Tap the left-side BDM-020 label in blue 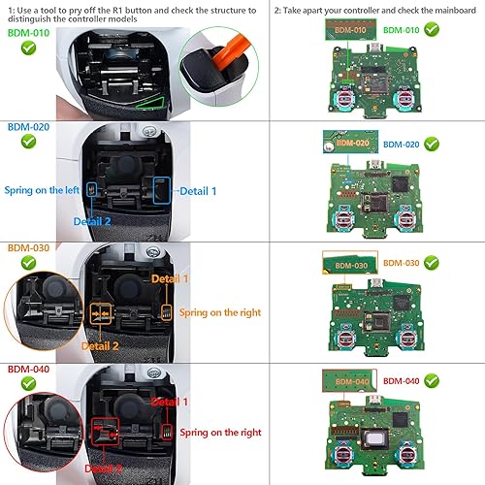(28, 127)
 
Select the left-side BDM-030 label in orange (28, 246)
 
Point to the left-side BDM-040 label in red (28, 370)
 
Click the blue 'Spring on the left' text (41, 190)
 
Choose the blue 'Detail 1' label (200, 192)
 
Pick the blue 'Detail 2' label (93, 221)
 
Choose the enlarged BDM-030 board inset (346, 265)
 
